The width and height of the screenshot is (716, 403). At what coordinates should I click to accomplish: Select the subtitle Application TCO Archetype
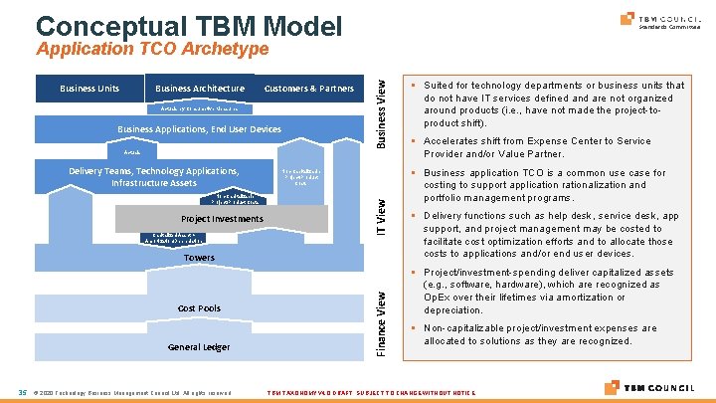tap(152, 49)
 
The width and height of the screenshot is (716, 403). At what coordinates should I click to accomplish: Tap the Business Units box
tap(89, 89)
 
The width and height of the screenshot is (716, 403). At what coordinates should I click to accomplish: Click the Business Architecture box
tap(200, 89)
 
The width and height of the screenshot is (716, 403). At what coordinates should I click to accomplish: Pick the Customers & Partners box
tap(308, 89)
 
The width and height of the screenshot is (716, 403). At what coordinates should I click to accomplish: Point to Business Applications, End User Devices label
tap(200, 129)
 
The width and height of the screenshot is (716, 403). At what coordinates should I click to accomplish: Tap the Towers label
tap(200, 258)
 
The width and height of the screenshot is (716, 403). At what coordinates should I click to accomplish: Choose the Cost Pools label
tap(200, 308)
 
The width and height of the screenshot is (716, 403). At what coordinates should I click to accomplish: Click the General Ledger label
tap(200, 346)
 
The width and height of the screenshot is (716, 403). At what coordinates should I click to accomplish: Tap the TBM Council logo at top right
tap(659, 20)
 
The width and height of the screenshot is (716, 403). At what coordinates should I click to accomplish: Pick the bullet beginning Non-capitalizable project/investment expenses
tap(548, 334)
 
